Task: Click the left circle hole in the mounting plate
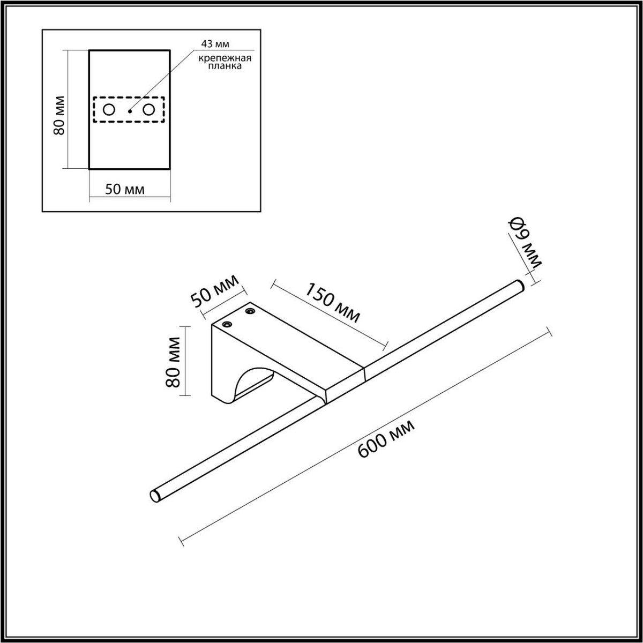pos(109,110)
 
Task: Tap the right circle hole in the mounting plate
pos(149,110)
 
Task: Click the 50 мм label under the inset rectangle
pos(125,190)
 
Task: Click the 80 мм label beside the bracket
pos(172,362)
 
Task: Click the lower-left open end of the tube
pos(155,495)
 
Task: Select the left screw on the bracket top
pos(228,324)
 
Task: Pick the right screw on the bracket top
pos(250,310)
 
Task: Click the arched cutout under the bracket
pos(252,383)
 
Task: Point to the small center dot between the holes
pos(130,111)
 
